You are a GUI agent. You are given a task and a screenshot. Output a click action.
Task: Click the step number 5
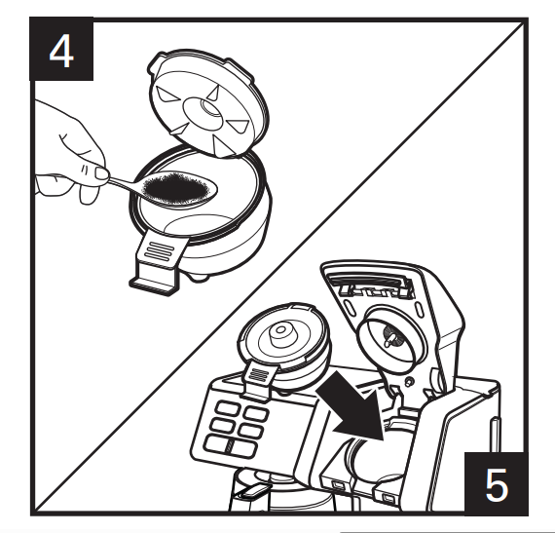click(497, 485)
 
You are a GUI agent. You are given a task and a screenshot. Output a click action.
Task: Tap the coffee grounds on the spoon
click(175, 189)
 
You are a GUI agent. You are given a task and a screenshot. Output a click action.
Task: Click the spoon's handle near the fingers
click(122, 183)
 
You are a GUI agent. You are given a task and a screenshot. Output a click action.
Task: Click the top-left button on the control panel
click(228, 408)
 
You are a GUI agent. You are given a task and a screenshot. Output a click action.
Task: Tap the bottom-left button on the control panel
click(217, 443)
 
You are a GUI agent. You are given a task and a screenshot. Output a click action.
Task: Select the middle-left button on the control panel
click(222, 425)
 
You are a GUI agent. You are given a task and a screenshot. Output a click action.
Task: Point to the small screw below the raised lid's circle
click(410, 382)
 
